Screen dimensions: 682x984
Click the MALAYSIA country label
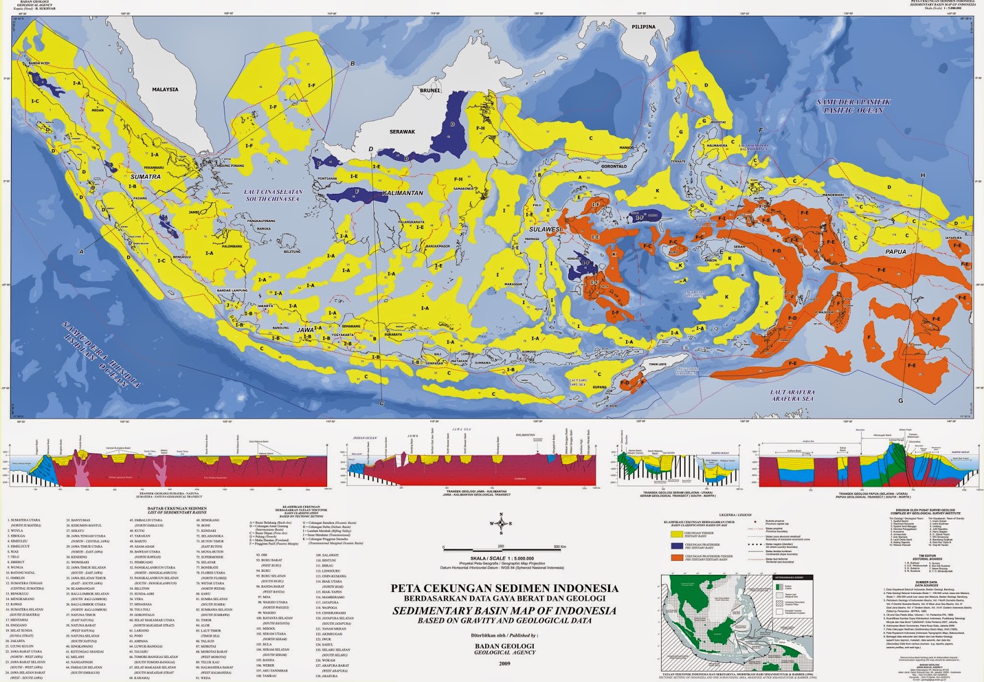click(x=165, y=89)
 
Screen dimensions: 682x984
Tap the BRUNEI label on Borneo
click(x=430, y=90)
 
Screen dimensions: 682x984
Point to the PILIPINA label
click(x=643, y=26)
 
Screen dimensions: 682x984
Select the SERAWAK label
click(x=402, y=132)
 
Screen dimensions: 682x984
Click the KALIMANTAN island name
click(x=403, y=193)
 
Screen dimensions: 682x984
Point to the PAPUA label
click(x=895, y=252)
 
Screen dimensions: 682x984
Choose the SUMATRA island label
click(x=146, y=177)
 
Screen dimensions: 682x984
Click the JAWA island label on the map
click(x=306, y=330)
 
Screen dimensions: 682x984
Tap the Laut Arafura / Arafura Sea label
click(x=792, y=395)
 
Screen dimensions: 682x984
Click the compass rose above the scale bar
click(x=501, y=524)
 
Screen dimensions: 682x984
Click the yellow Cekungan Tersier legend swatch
click(x=676, y=534)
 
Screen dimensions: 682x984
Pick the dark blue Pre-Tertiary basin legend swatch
click(x=676, y=545)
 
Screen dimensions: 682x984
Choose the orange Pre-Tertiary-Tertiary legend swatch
click(x=676, y=558)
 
